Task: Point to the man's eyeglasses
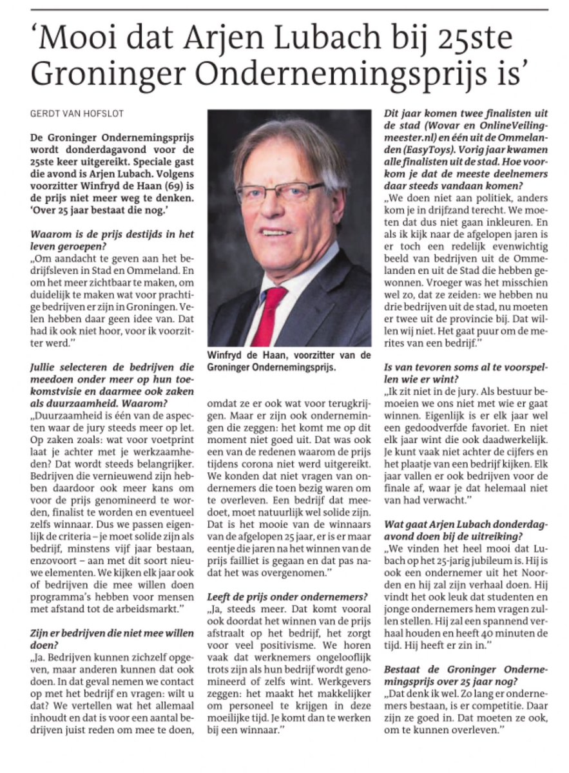coord(280,192)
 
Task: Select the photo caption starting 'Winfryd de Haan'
coord(289,361)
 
